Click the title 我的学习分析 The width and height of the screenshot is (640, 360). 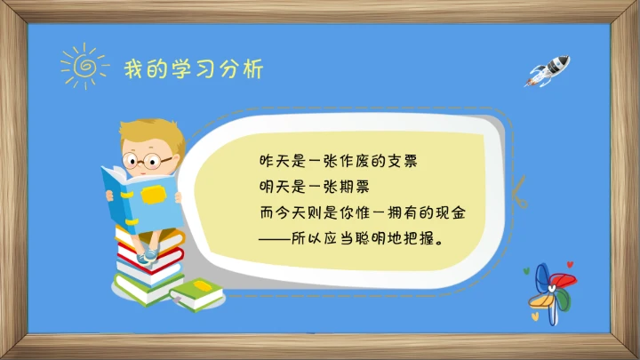[x=193, y=68]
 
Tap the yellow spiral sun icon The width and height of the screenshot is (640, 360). [x=83, y=65]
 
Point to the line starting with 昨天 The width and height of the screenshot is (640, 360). [x=338, y=163]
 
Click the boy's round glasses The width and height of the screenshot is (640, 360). [x=147, y=162]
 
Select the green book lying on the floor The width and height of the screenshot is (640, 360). [x=197, y=292]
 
